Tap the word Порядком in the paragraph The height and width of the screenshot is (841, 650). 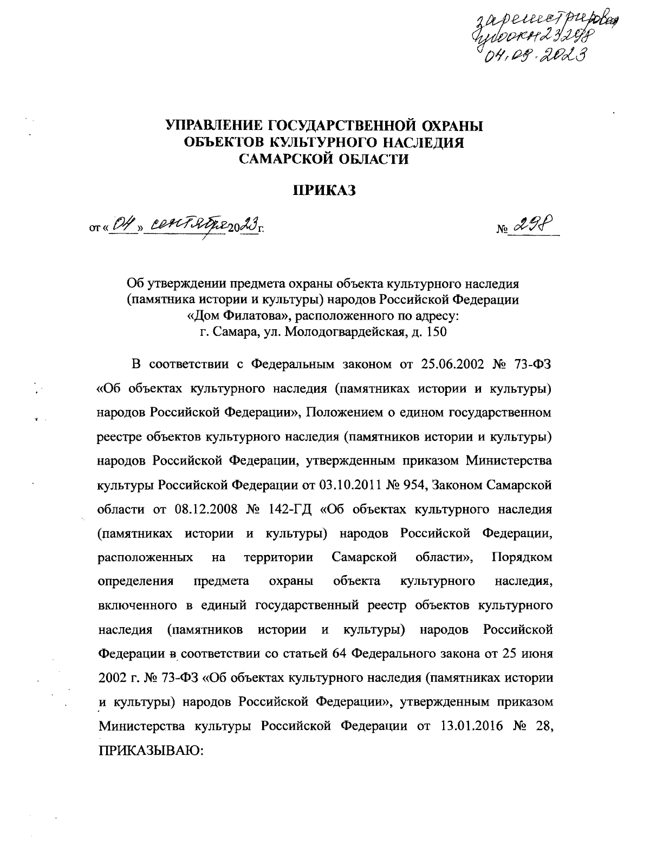[522, 557]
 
